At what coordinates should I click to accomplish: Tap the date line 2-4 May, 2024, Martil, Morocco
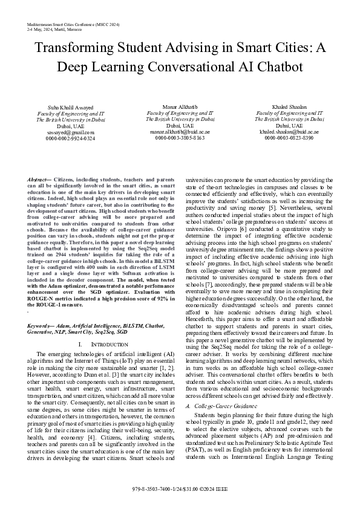[54, 29]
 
